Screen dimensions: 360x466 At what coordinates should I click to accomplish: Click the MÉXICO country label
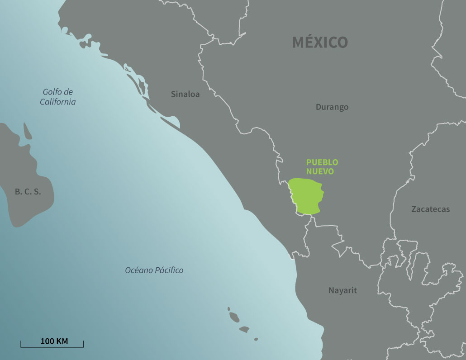[320, 42]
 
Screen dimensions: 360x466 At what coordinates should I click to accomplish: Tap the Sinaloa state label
[185, 94]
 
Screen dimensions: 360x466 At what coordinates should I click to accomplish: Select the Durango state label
[332, 107]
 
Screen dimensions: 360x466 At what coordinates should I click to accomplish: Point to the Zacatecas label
[430, 209]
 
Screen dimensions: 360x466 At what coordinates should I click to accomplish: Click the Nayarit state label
[342, 290]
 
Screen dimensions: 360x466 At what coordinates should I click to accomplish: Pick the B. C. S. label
[28, 191]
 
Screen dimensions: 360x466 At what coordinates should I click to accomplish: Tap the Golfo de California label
[58, 97]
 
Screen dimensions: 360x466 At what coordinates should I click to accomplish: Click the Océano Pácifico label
[154, 270]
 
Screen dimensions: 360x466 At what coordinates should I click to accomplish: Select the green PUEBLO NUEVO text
[322, 167]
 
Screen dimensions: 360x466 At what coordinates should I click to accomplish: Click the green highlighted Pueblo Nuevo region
[307, 196]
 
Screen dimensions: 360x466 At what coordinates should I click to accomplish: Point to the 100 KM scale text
[54, 341]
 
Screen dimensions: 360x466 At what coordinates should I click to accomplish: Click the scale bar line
[52, 347]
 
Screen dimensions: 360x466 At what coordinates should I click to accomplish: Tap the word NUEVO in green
[320, 172]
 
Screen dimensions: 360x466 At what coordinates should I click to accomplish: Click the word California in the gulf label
[58, 102]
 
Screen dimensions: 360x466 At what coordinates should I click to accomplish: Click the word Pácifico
[169, 270]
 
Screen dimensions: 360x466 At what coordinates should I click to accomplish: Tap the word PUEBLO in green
[322, 162]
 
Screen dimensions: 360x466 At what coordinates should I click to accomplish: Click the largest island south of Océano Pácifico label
[234, 317]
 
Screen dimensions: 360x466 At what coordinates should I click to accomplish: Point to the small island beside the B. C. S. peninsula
[27, 131]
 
